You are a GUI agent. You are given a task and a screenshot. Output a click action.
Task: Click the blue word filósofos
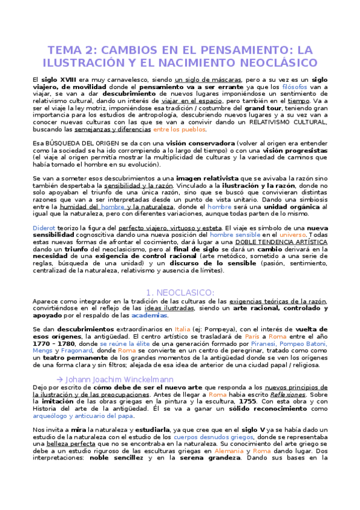[295, 87]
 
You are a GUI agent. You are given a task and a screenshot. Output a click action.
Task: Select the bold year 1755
[231, 400]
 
